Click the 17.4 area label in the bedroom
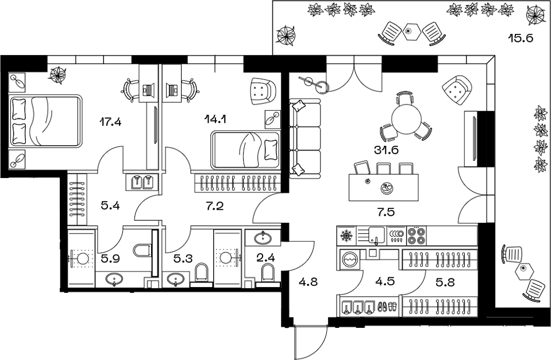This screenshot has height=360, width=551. pyautogui.click(x=110, y=122)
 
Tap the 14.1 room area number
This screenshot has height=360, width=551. pyautogui.click(x=215, y=119)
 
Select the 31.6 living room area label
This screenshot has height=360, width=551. pyautogui.click(x=386, y=150)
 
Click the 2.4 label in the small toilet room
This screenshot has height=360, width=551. pyautogui.click(x=265, y=258)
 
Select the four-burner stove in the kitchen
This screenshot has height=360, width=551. pyautogui.click(x=417, y=235)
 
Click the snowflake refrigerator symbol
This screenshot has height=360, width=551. pyautogui.click(x=346, y=235)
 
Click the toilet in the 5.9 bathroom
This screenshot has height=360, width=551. pyautogui.click(x=142, y=250)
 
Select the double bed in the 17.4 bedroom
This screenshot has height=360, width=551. pyautogui.click(x=45, y=121)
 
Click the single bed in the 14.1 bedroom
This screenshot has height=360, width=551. pyautogui.click(x=245, y=150)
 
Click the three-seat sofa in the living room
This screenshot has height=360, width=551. pyautogui.click(x=305, y=139)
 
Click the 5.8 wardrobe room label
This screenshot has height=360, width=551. pyautogui.click(x=445, y=282)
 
